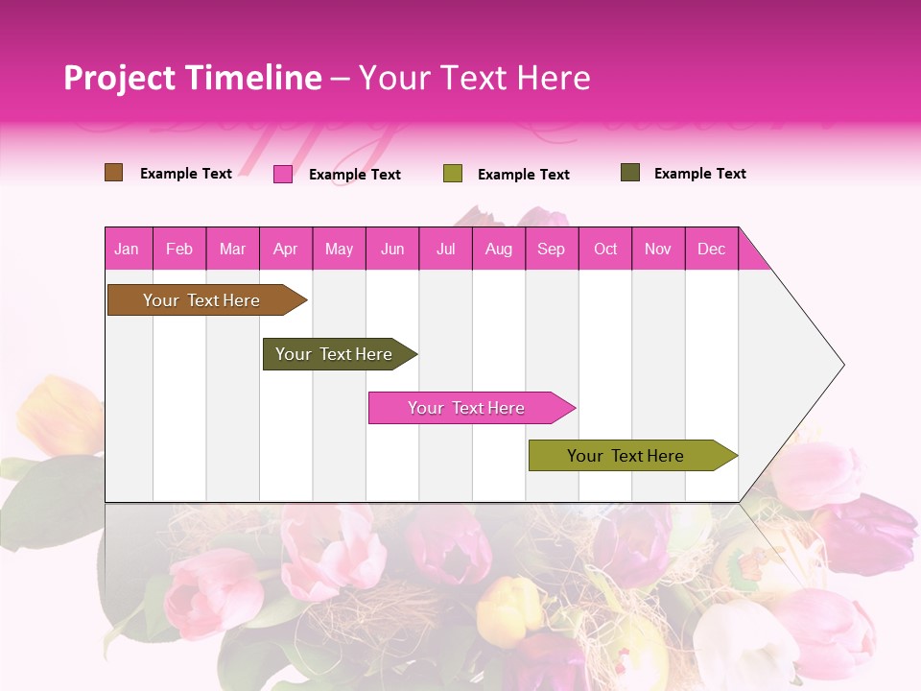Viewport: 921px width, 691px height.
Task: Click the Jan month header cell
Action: point(128,249)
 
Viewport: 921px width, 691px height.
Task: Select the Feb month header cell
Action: point(179,249)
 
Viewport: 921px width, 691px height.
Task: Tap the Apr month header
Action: point(286,249)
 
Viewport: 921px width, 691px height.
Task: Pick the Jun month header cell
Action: point(392,249)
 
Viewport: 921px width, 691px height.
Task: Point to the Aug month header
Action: point(499,249)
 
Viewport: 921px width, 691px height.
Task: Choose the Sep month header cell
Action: point(552,249)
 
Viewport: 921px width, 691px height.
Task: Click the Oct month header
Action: point(605,249)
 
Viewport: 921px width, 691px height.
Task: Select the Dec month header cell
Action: point(712,249)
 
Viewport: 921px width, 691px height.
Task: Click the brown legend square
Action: point(114,173)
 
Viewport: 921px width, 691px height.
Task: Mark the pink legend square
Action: point(283,174)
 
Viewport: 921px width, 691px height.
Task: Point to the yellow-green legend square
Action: point(453,174)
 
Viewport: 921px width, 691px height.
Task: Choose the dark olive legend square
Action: point(630,173)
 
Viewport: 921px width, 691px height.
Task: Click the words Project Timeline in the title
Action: point(193,78)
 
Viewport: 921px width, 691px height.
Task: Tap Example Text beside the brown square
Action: point(186,174)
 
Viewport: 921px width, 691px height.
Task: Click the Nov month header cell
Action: point(658,249)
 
